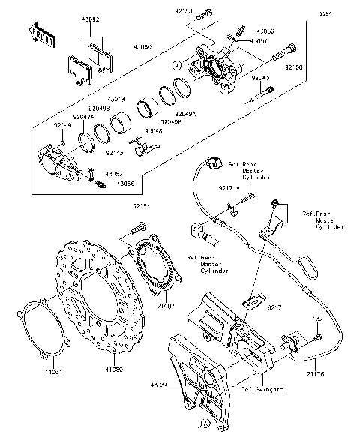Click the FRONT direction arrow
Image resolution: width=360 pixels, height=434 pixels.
[x=42, y=33]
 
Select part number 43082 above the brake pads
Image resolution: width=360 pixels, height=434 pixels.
[x=90, y=16]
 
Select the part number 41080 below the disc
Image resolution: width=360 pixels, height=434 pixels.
[x=114, y=370]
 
